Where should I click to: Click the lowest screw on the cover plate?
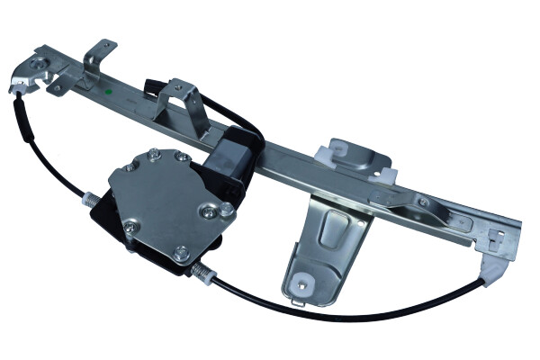(180, 253)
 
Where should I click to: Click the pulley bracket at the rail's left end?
(40, 71)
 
